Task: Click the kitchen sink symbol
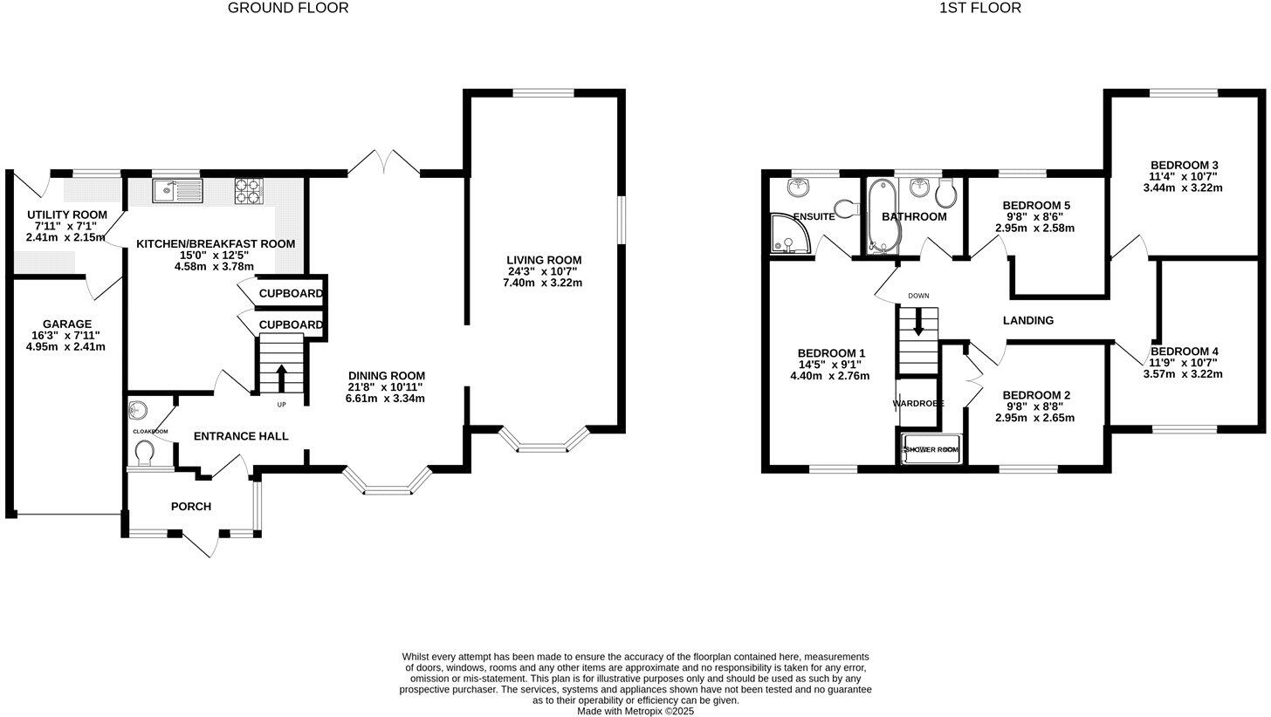(177, 191)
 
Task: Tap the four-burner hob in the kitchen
(249, 191)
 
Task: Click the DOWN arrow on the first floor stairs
(918, 323)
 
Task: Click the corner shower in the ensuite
(791, 235)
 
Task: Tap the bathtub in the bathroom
(878, 215)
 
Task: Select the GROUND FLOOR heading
(288, 8)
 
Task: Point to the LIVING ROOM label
(544, 260)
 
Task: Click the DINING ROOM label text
(385, 376)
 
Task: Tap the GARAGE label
(66, 324)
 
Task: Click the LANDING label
(1027, 320)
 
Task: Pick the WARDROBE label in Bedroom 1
(918, 404)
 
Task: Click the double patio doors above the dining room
(383, 163)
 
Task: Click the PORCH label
(190, 507)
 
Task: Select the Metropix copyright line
(635, 711)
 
